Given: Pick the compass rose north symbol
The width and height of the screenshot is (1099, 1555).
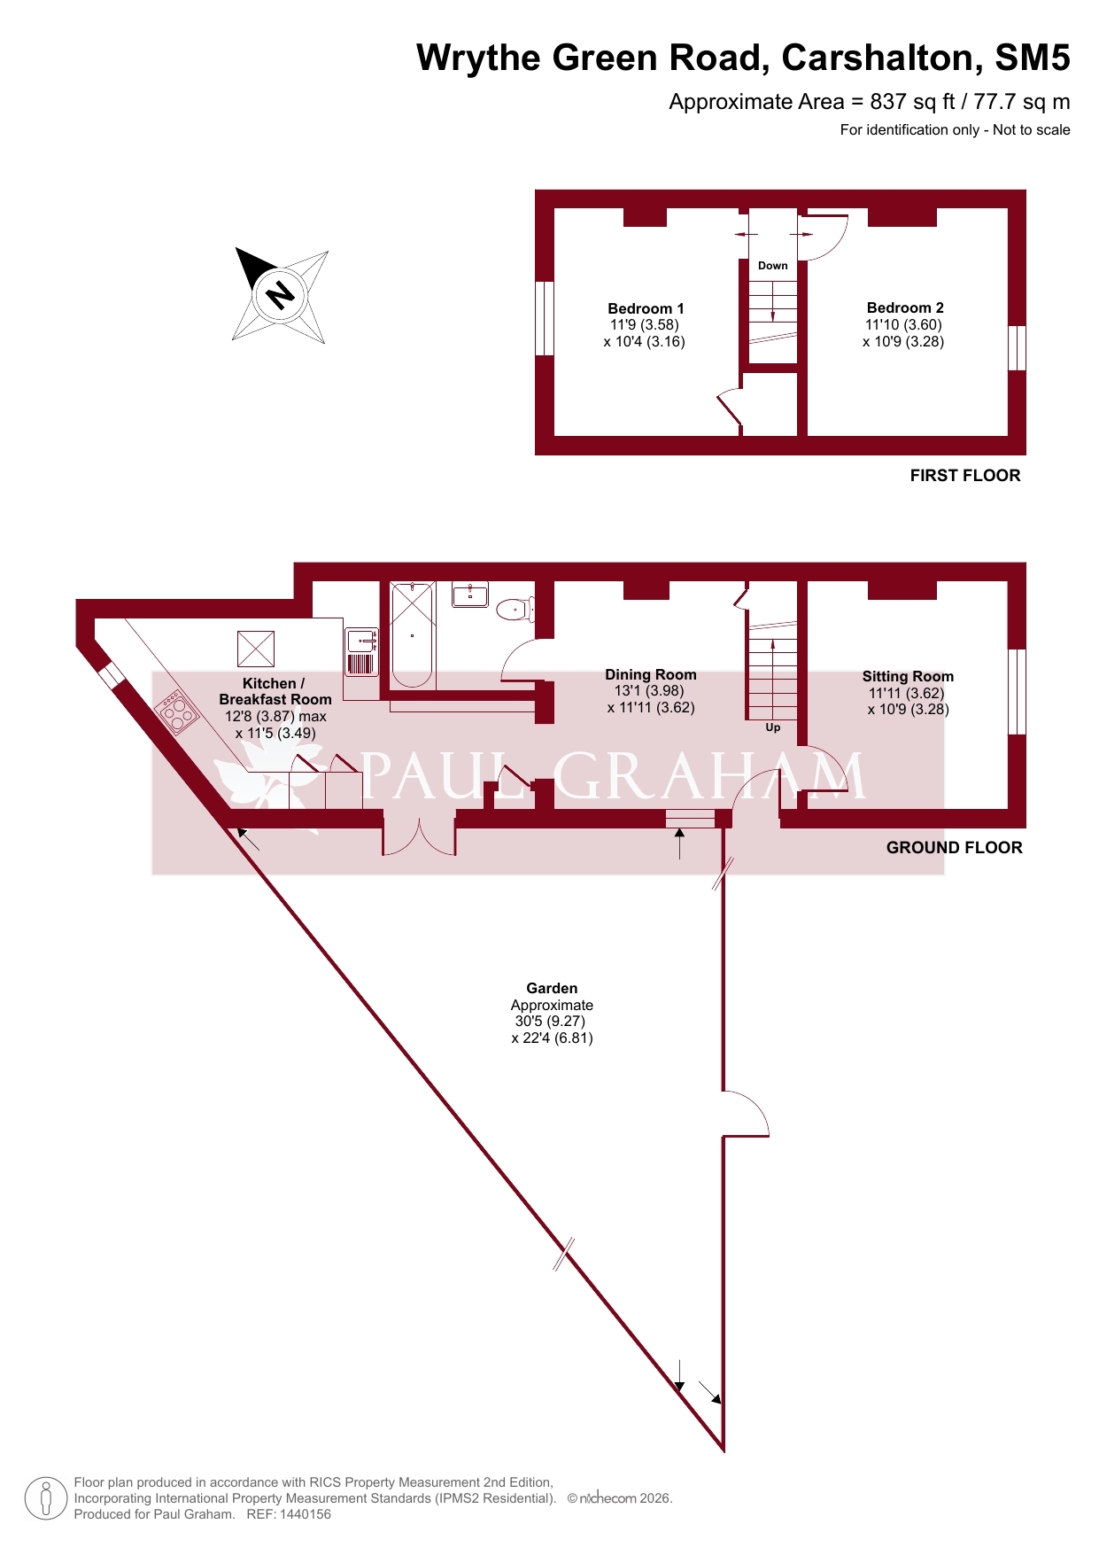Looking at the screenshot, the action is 281,295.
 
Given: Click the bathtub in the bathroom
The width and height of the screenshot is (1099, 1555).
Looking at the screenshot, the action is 413,634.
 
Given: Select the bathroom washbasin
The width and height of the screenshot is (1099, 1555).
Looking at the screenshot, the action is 470,595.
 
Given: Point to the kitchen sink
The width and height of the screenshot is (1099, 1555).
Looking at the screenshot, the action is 362,641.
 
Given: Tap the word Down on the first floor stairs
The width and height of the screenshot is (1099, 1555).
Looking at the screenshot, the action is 773,266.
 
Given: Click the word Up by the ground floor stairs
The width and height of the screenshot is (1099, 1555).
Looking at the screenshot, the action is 773,727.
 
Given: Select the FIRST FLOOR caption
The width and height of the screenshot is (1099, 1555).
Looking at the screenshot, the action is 965,476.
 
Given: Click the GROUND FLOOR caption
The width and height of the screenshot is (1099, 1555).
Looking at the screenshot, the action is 955,848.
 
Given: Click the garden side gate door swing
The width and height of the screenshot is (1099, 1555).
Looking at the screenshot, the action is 747,1113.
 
